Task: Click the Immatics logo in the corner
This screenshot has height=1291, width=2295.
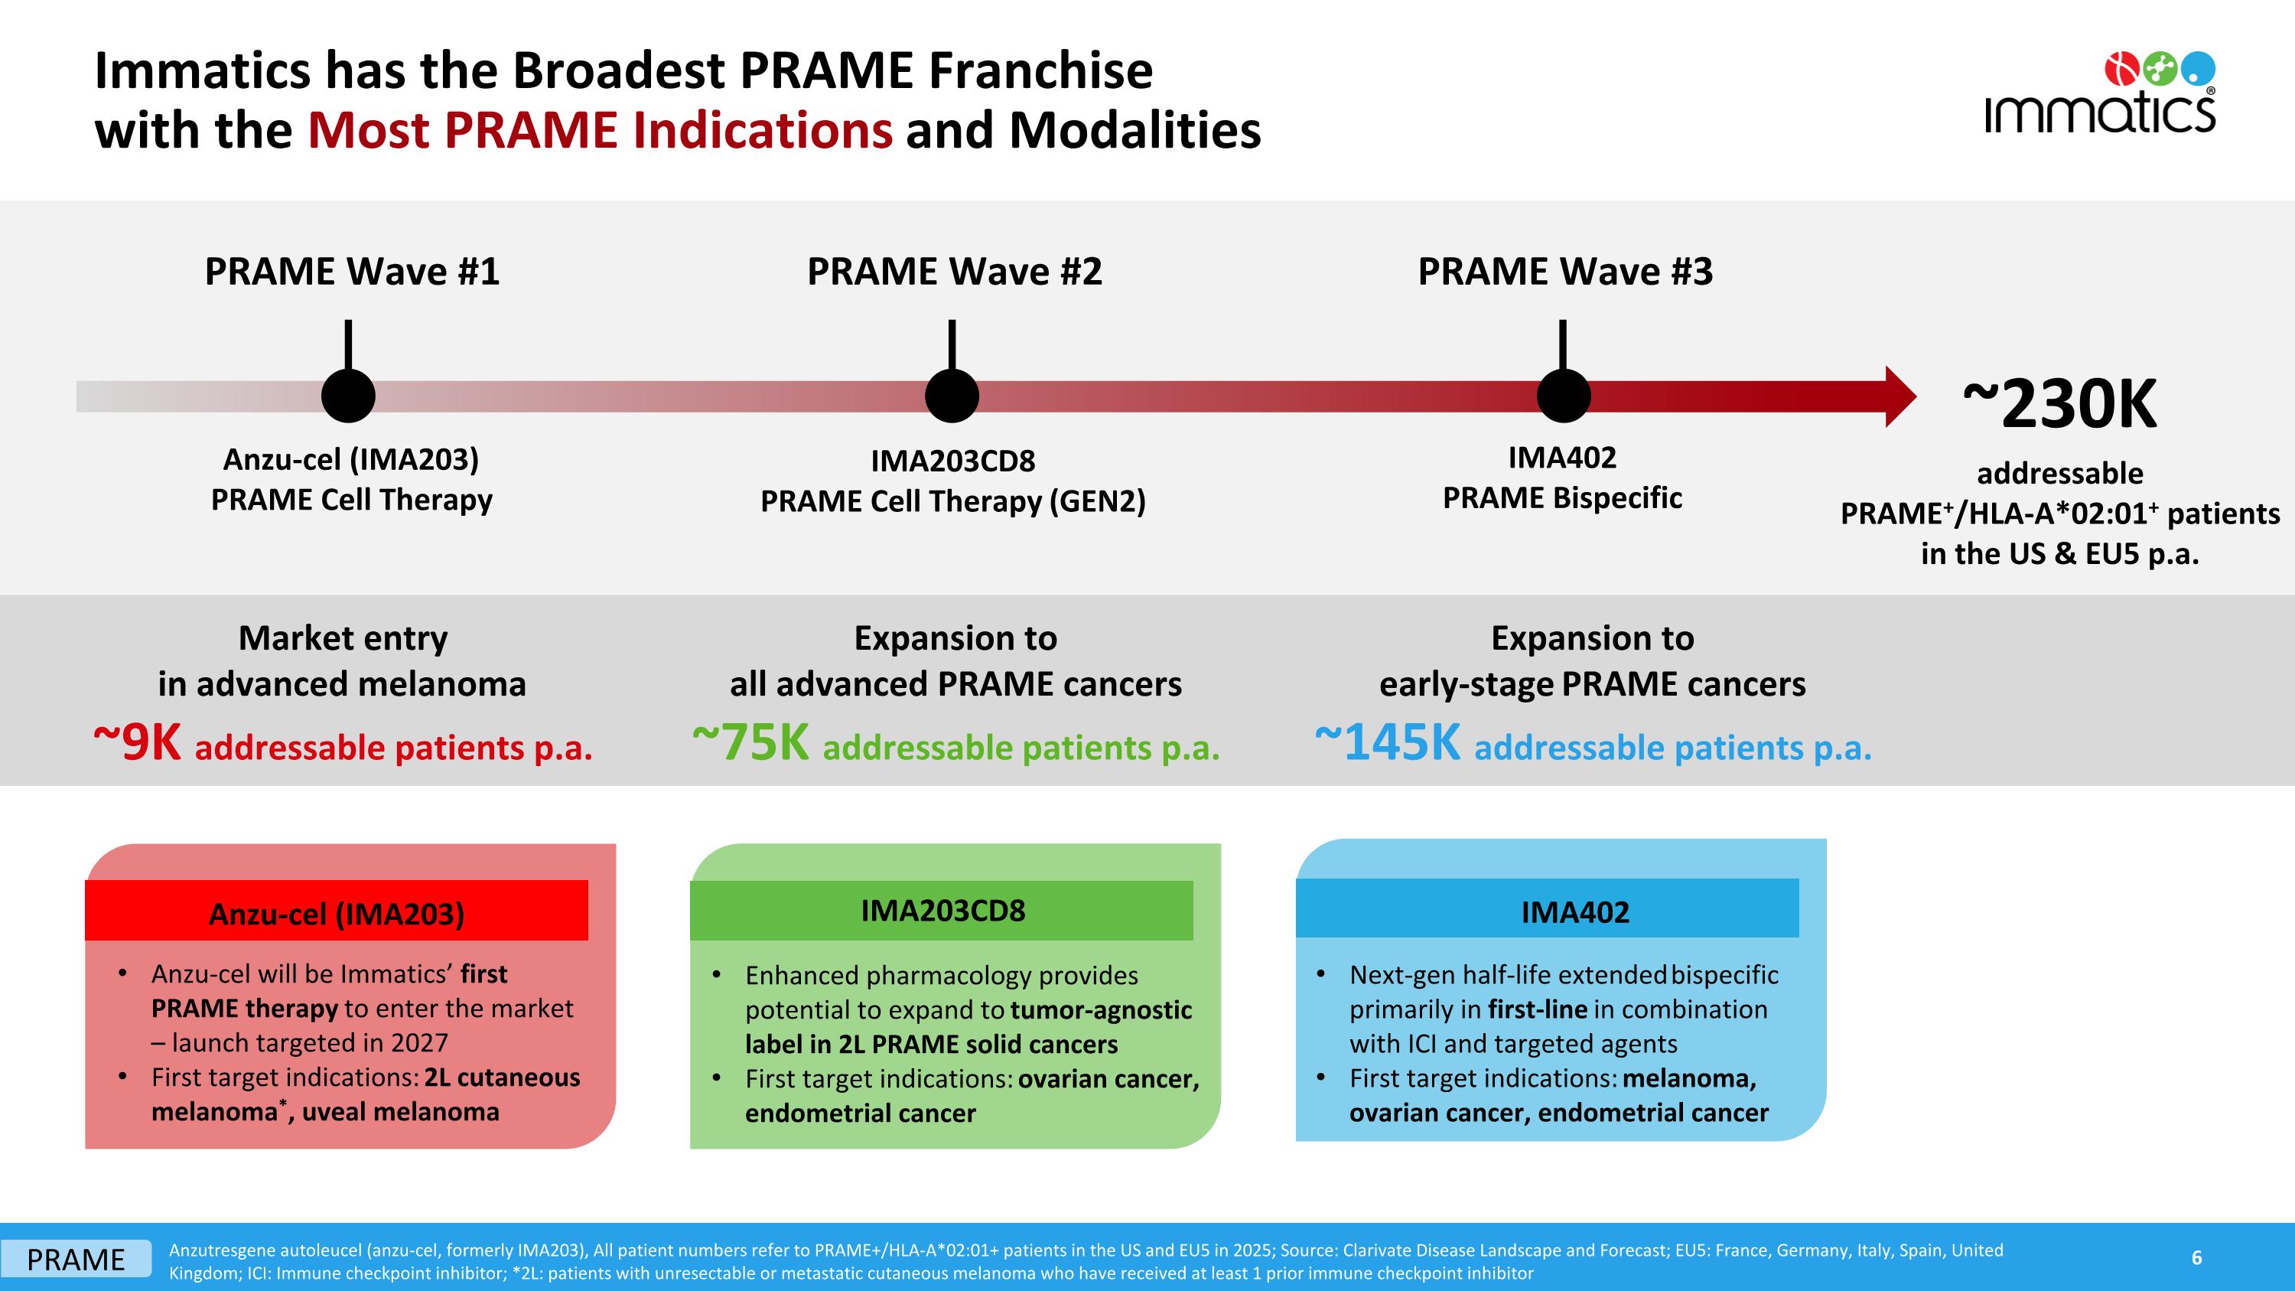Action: click(2099, 93)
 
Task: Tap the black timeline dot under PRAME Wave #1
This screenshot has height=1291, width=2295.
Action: click(348, 396)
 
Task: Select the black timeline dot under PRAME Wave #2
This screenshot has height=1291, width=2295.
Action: click(952, 396)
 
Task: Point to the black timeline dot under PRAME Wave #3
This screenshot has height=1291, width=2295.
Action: click(1563, 396)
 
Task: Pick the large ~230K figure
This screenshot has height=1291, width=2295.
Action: click(2060, 406)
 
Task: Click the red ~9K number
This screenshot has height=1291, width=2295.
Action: click(138, 743)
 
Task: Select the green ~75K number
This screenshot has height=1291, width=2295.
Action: click(751, 743)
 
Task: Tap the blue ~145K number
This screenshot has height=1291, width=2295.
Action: click(1388, 743)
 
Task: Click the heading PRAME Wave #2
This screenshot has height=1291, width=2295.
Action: click(954, 272)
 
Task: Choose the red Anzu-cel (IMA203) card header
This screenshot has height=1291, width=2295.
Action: click(336, 912)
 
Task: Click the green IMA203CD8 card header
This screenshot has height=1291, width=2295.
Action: click(942, 911)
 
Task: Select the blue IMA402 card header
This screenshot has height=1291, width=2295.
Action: click(1548, 911)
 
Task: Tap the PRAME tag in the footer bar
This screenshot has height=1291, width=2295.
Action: click(76, 1260)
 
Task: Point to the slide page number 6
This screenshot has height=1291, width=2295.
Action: click(2196, 1257)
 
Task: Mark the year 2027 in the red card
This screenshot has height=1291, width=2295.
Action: click(418, 1042)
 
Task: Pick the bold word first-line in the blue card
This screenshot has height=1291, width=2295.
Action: click(1537, 1009)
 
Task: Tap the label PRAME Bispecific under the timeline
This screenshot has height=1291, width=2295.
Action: click(1562, 498)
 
